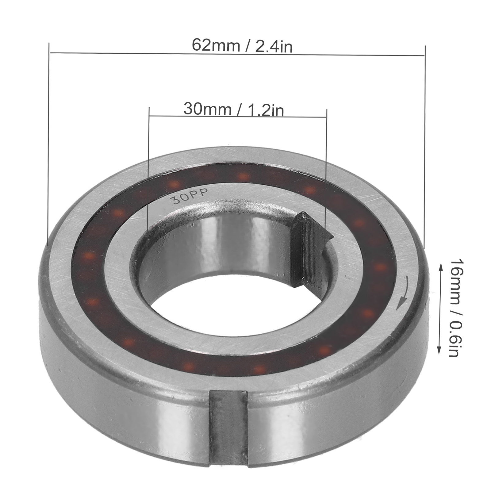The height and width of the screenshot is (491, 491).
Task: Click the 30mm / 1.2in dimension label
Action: (234, 109)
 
